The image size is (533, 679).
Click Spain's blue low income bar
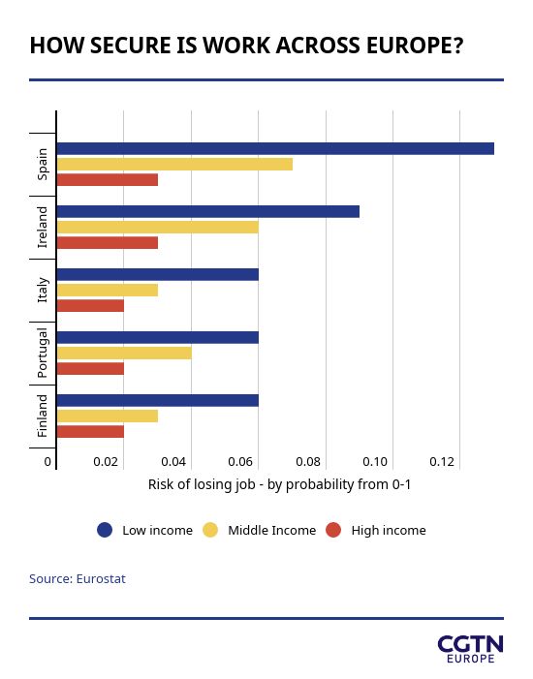click(x=275, y=148)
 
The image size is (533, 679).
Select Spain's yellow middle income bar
click(x=174, y=164)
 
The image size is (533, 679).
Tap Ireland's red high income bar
click(x=108, y=242)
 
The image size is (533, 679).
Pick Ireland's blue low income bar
click(x=208, y=212)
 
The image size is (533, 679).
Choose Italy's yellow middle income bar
click(x=108, y=291)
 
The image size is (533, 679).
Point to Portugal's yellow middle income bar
click(x=124, y=353)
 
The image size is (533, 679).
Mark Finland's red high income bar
click(x=90, y=432)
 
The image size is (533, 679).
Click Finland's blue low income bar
click(x=158, y=401)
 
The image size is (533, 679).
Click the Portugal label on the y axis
click(x=43, y=353)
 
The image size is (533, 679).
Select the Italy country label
click(x=43, y=291)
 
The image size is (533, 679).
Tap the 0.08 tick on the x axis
click(x=308, y=462)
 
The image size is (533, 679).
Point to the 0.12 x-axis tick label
click(x=442, y=462)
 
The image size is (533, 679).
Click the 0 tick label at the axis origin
click(x=47, y=462)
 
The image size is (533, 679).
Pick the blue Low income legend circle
click(x=105, y=530)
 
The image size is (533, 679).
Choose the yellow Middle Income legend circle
click(x=210, y=530)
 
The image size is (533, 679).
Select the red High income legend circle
click(x=333, y=530)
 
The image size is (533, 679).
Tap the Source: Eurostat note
click(x=78, y=579)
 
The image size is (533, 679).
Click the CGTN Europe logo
click(x=471, y=649)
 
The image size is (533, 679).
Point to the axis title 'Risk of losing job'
click(x=202, y=484)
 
